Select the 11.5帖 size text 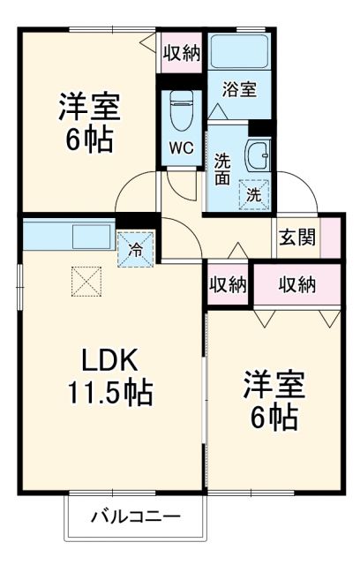[110, 390]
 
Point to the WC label [182, 147]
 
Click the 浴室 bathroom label [238, 88]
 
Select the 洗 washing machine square [253, 194]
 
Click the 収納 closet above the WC [181, 52]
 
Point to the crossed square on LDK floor [86, 282]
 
